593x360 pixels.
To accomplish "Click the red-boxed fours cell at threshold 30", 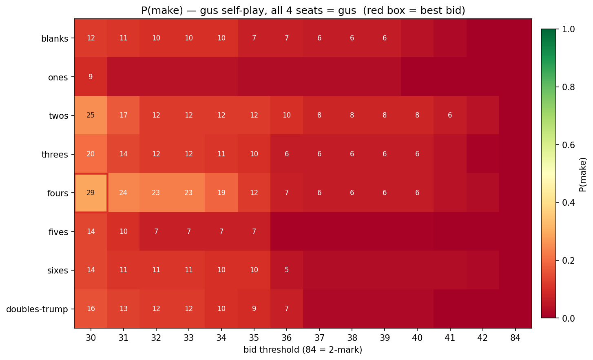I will pos(91,193).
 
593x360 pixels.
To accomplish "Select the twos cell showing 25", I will pos(91,115).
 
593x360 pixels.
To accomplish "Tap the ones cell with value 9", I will pos(91,77).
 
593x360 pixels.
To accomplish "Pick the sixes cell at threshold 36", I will pos(287,270).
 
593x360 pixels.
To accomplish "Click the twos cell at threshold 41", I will pos(450,115).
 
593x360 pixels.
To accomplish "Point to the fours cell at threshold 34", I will pos(221,193).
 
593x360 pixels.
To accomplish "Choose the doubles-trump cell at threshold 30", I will pos(91,309).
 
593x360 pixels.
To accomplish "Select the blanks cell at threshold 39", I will pos(385,38).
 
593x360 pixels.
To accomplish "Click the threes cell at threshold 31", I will pos(123,154).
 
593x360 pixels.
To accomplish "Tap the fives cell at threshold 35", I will pos(254,231).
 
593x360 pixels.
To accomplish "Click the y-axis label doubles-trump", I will pos(37,309).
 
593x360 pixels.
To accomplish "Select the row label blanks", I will pos(55,39).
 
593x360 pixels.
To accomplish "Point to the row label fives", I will pos(58,232).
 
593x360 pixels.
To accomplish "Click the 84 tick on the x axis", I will pos(515,338).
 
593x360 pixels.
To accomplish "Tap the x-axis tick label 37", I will pos(319,338).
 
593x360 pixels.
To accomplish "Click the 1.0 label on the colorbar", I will pos(569,29).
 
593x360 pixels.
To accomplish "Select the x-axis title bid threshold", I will pos(303,350).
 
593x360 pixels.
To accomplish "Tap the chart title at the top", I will pos(303,10).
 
